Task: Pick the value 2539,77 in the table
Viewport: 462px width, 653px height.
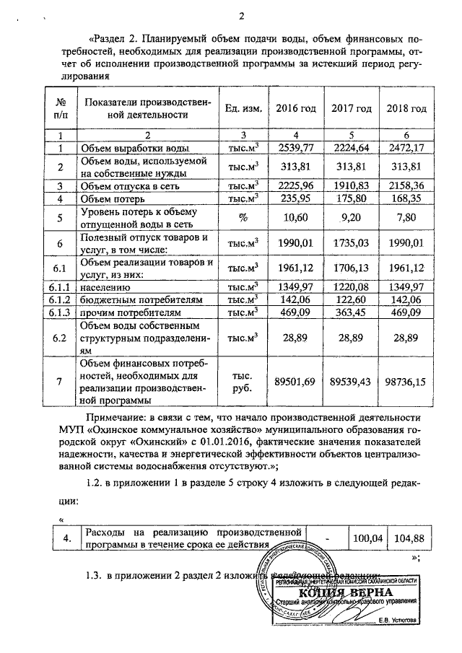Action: click(x=297, y=148)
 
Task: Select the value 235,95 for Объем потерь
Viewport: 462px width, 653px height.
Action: click(x=297, y=198)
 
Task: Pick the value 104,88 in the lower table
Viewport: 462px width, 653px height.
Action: click(x=404, y=538)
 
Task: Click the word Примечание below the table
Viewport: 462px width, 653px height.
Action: click(x=118, y=419)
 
